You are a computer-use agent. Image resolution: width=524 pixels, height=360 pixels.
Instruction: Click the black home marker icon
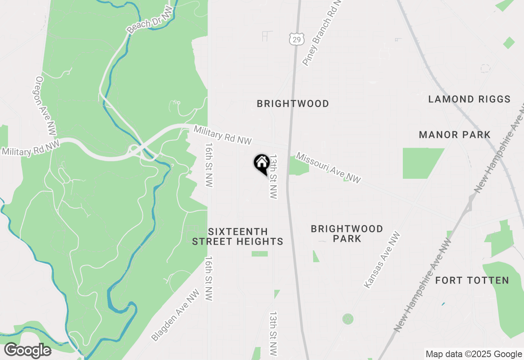coord(262,164)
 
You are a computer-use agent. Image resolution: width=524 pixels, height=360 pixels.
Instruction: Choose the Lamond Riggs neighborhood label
coord(469,99)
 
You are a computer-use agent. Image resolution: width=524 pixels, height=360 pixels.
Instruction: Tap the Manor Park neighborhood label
coord(454,135)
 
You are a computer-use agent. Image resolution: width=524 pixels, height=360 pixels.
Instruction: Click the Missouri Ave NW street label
coord(329,168)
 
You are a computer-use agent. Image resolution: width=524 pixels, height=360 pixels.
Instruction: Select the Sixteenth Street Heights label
coord(237,236)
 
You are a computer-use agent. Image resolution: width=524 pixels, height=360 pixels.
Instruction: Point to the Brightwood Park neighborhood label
coord(347,233)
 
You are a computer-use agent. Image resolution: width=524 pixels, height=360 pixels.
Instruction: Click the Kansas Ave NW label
coord(382,260)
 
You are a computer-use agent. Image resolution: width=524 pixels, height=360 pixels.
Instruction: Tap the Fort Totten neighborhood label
coord(472,280)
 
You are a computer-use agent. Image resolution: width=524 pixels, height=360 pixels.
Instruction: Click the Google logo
coord(27,351)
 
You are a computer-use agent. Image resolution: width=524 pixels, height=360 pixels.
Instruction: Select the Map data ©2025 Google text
coord(474,354)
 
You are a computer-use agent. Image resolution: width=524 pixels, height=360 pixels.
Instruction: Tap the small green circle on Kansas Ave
coord(348,319)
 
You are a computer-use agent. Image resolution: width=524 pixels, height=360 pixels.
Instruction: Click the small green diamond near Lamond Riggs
coord(509,43)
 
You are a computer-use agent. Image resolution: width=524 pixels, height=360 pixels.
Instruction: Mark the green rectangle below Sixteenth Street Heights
coord(260,254)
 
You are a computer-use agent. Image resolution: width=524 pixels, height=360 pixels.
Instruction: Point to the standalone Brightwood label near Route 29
coord(293,103)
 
